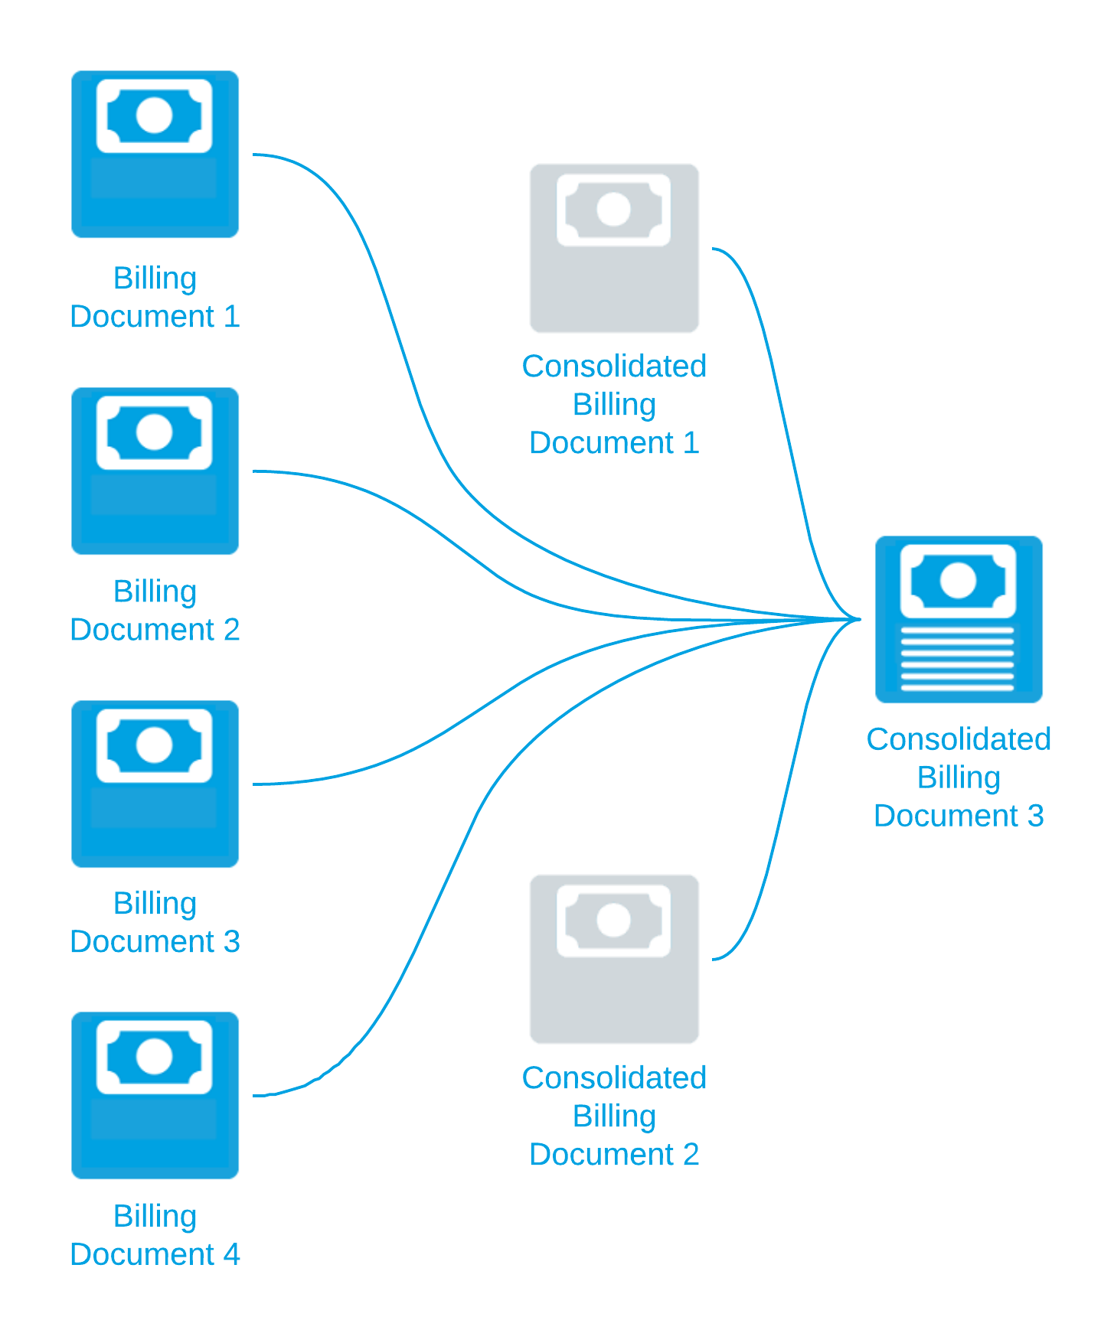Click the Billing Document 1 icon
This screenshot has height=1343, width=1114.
pyautogui.click(x=155, y=155)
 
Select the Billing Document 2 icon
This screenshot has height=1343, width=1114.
pyautogui.click(x=155, y=471)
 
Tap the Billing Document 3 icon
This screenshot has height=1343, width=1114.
pyautogui.click(x=155, y=784)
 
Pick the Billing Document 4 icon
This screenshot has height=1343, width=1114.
pyautogui.click(x=155, y=1096)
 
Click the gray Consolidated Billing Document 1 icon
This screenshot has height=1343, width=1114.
pyautogui.click(x=615, y=249)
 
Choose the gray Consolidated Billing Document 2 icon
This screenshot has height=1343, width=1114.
pyautogui.click(x=615, y=960)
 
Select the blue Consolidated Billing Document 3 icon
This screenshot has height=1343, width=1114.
pyautogui.click(x=959, y=620)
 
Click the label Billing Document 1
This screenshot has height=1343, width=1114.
pyautogui.click(x=155, y=298)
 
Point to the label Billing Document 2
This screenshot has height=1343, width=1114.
pyautogui.click(x=155, y=611)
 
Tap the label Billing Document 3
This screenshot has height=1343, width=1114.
pyautogui.click(x=155, y=923)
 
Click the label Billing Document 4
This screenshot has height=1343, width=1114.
pyautogui.click(x=155, y=1235)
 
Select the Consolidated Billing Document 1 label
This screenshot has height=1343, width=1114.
pyautogui.click(x=615, y=405)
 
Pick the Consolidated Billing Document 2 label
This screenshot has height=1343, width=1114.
pyautogui.click(x=615, y=1116)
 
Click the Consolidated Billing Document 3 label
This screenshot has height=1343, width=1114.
pyautogui.click(x=959, y=777)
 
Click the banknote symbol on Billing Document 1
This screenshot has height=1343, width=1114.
pyautogui.click(x=155, y=116)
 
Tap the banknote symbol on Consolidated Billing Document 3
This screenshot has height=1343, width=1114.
pyautogui.click(x=958, y=581)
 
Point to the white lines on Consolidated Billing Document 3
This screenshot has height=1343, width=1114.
pyautogui.click(x=958, y=659)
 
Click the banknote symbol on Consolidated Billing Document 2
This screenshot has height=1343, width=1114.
pyautogui.click(x=614, y=921)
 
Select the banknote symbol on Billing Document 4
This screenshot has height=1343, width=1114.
pyautogui.click(x=155, y=1057)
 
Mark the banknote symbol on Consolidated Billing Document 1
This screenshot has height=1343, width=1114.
pyautogui.click(x=614, y=210)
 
